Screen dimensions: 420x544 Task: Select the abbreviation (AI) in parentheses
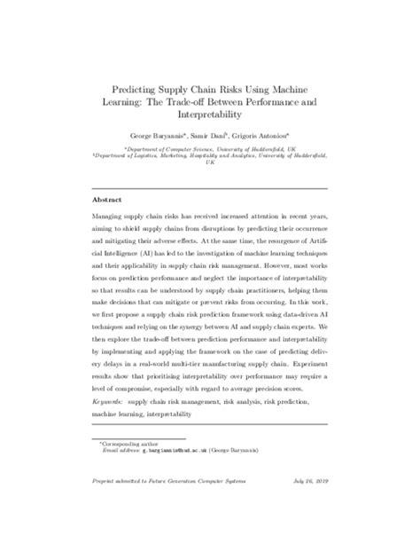coord(148,254)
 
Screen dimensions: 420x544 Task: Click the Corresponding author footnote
coord(129,466)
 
